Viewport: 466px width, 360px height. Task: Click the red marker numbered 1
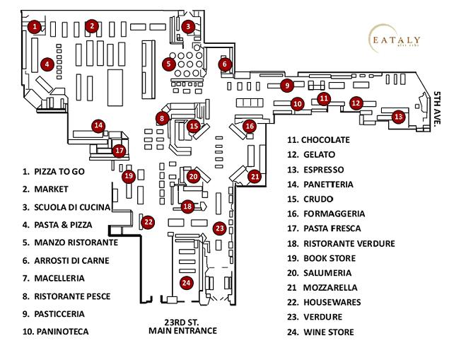(x=34, y=26)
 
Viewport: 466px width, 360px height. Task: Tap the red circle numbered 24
(x=187, y=282)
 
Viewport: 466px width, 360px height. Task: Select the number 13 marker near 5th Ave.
(x=398, y=116)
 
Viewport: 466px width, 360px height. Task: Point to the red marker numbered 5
(x=168, y=64)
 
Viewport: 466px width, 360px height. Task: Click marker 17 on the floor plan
(x=120, y=150)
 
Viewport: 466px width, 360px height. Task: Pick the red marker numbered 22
(x=148, y=221)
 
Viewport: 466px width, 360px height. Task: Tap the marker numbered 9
(x=286, y=86)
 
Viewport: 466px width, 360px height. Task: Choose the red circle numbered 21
(x=255, y=176)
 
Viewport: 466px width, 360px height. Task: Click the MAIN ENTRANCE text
(x=182, y=330)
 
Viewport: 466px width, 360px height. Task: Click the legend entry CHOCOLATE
(x=318, y=139)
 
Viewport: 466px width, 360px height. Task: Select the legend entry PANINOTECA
(x=53, y=330)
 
